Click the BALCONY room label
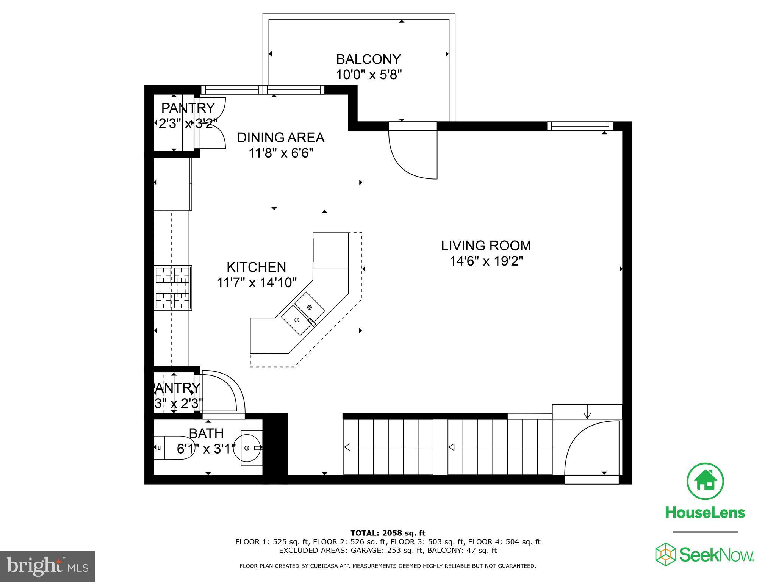tap(368, 59)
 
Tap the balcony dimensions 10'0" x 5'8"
tap(368, 75)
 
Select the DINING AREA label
tap(281, 138)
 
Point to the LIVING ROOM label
tap(486, 246)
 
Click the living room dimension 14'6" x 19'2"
tap(486, 261)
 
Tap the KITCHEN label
tap(256, 267)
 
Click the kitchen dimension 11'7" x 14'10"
tap(256, 283)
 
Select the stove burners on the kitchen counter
tap(173, 288)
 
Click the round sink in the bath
tap(247, 448)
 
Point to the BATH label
tap(206, 433)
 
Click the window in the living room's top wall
tap(580, 126)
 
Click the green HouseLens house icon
tap(705, 481)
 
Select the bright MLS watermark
tap(47, 566)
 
